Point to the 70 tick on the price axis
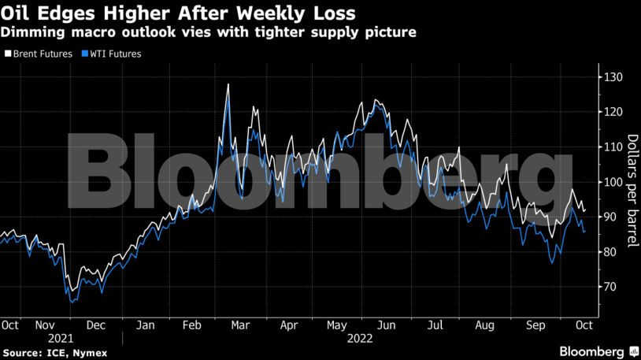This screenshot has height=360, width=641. coord(610,287)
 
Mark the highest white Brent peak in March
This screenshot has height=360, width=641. coord(228,84)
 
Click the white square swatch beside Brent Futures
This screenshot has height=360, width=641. coord(7,54)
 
